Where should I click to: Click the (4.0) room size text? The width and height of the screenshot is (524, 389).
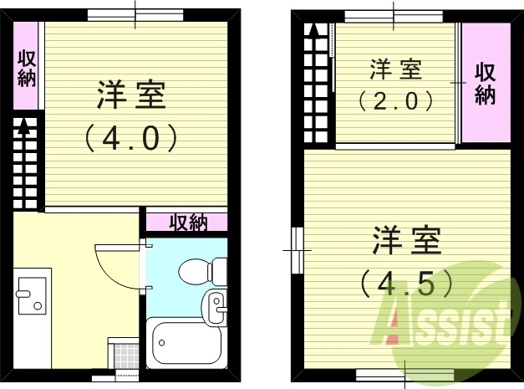pos(133,137)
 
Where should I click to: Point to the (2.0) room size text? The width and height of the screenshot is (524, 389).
pos(396,101)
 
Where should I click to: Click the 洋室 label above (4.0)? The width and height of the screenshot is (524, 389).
pos(132,95)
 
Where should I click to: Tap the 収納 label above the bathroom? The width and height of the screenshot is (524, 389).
pos(188,223)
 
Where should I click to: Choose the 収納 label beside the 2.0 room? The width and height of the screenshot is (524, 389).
pos(486,83)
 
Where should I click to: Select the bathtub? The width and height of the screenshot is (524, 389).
pos(185,345)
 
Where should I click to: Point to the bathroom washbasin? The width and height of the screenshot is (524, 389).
pos(217,306)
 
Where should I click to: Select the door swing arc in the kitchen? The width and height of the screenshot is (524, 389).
pos(117,264)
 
